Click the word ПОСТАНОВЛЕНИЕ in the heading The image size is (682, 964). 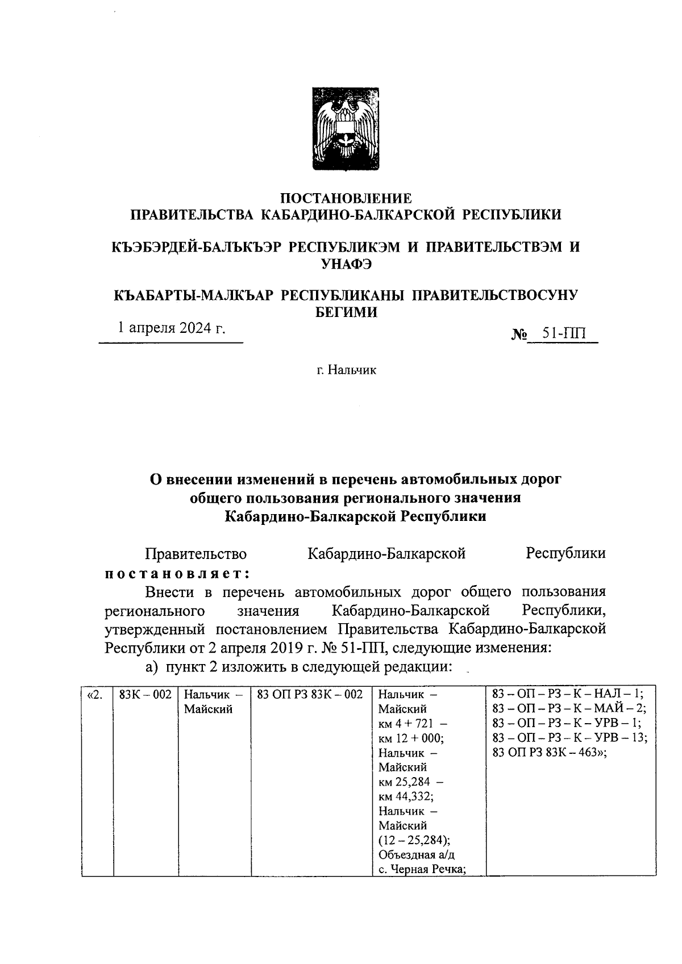pos(346,198)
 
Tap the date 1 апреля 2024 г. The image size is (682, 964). pos(171,328)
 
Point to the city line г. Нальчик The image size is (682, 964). pos(346,370)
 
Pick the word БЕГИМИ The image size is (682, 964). pos(346,312)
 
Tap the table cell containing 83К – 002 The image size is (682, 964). pos(145,694)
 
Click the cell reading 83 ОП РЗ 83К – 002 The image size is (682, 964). pos(310,694)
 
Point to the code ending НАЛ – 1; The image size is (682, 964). pos(568,694)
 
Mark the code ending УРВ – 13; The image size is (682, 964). pos(570,738)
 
